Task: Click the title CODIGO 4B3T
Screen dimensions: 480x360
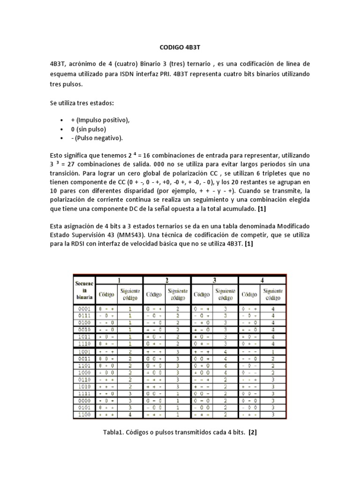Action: point(180,47)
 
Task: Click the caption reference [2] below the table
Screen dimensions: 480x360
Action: point(253,432)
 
